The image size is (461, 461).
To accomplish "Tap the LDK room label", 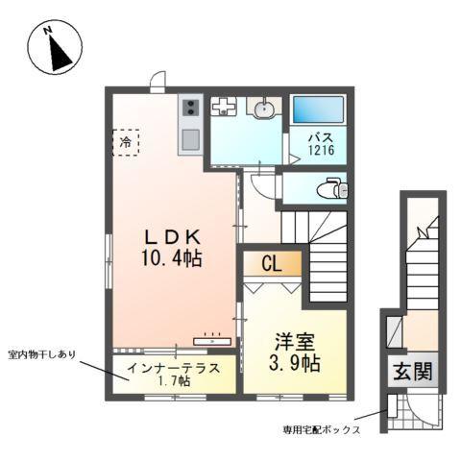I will point(174,236).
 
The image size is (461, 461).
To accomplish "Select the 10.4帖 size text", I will point(174,259).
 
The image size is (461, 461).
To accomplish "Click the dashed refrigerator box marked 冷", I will point(125,143).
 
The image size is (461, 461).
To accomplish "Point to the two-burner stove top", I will point(189,109).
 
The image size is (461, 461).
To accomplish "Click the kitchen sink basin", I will point(189,139).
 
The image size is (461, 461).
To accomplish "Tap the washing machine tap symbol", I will point(223,107).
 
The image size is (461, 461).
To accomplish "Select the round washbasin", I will point(260,108).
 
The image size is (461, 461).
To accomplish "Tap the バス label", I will point(321,137).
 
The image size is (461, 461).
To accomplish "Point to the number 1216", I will point(321,151).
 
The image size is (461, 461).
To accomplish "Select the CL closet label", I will point(272,263).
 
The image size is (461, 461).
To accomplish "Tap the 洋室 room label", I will point(294,342).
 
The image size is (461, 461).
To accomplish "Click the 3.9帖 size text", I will point(294,365).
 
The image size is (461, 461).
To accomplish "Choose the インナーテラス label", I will point(175,369).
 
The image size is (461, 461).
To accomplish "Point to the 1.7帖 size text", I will point(175,382).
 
